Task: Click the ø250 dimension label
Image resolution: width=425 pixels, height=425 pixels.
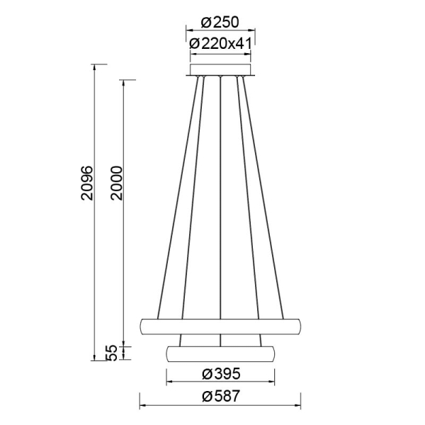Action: [x=220, y=23]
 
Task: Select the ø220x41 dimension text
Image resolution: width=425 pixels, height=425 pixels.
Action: [x=220, y=44]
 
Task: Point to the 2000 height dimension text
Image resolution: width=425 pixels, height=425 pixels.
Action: [x=117, y=183]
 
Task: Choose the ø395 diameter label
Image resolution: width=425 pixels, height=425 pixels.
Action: [x=221, y=374]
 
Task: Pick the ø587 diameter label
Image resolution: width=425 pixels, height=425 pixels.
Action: [x=221, y=396]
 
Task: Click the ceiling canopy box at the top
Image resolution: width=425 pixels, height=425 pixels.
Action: [x=220, y=70]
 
